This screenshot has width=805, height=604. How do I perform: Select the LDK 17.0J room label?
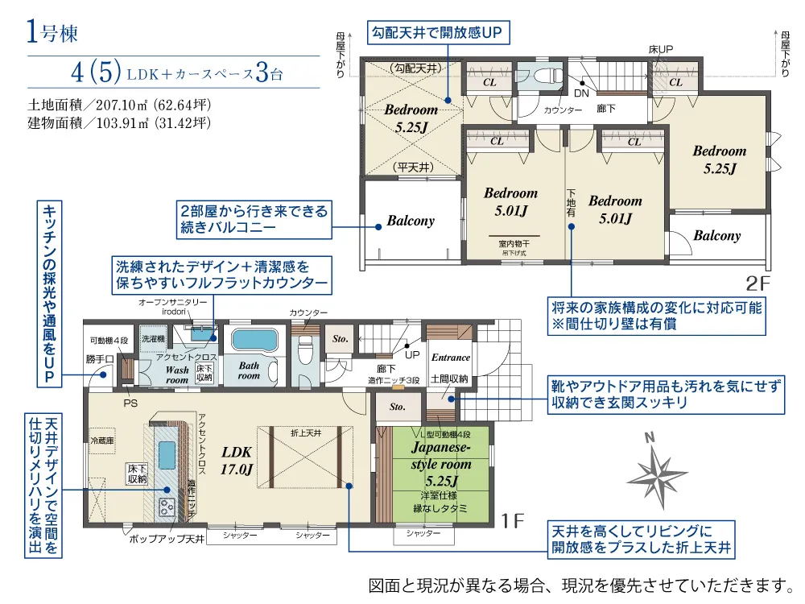coord(237,460)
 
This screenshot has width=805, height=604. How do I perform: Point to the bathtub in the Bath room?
coord(254,340)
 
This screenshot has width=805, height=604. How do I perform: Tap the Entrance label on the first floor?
coord(450,357)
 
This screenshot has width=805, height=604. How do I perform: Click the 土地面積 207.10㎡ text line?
coord(118,105)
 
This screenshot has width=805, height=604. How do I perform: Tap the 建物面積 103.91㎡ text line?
coord(118,123)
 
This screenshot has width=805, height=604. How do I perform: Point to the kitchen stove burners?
coord(167,507)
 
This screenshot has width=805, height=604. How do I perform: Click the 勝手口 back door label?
coord(99,359)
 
